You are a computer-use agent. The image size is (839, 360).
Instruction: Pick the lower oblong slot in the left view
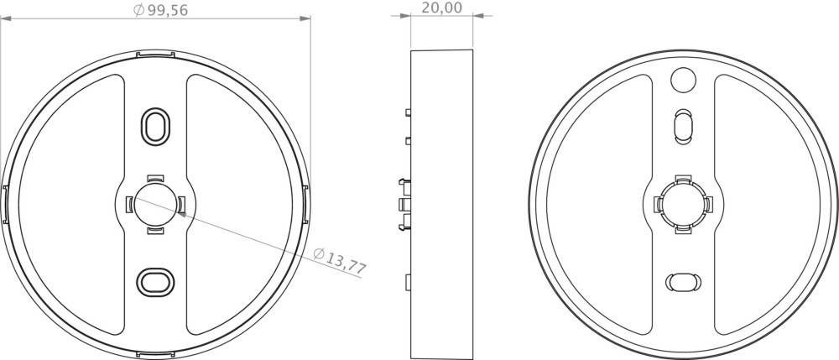tap(155, 281)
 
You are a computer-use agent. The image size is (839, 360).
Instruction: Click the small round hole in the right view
tap(684, 80)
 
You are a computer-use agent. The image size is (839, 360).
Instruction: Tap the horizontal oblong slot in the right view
tap(684, 281)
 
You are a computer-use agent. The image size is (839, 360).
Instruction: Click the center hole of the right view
tap(684, 203)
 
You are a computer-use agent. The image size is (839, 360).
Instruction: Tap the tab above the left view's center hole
tap(155, 177)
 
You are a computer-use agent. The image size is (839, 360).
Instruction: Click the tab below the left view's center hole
tap(155, 229)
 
